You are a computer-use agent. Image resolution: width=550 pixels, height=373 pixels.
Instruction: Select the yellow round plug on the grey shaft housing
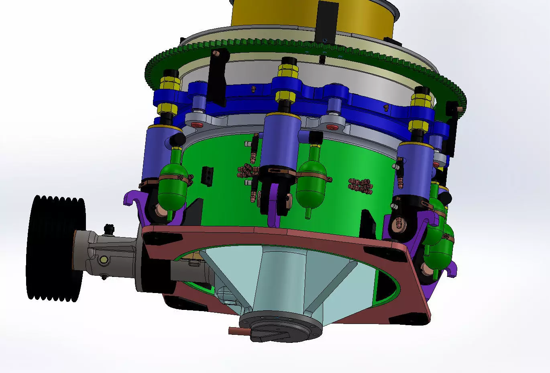[104, 260]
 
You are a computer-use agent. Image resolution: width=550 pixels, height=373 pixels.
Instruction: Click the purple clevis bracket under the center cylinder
[275, 209]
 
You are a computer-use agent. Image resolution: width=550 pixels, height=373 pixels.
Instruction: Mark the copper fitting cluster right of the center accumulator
[360, 185]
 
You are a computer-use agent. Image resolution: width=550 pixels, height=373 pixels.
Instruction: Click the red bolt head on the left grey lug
[197, 125]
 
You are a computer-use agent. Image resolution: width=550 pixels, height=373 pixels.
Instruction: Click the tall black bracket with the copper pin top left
[217, 76]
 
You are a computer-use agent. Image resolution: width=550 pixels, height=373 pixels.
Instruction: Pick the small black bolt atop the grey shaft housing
[108, 229]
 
